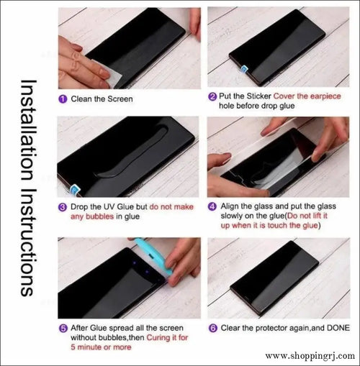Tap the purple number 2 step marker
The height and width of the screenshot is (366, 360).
tap(212, 96)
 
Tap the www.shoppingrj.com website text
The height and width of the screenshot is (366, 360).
tap(310, 355)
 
